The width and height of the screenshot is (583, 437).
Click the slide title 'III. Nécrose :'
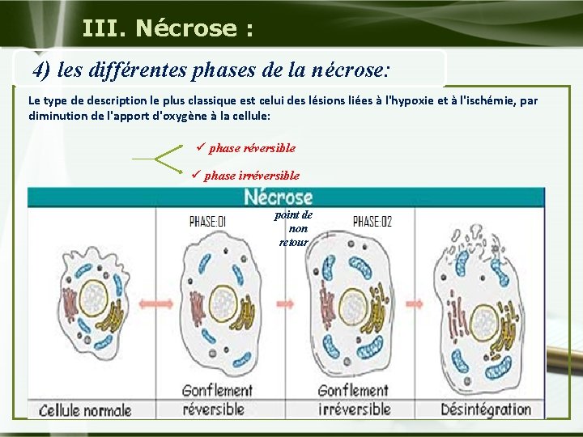168,28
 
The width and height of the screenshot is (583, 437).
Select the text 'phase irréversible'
251,175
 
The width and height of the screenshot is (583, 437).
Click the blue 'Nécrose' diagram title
278,197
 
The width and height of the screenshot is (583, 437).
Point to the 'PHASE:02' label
372,220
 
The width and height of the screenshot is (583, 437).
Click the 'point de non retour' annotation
293,228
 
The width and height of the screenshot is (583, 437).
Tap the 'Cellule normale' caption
85,409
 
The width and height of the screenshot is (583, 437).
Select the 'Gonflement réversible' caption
217,400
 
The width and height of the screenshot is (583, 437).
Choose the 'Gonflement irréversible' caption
354,400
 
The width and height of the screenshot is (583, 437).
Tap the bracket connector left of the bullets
166,159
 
